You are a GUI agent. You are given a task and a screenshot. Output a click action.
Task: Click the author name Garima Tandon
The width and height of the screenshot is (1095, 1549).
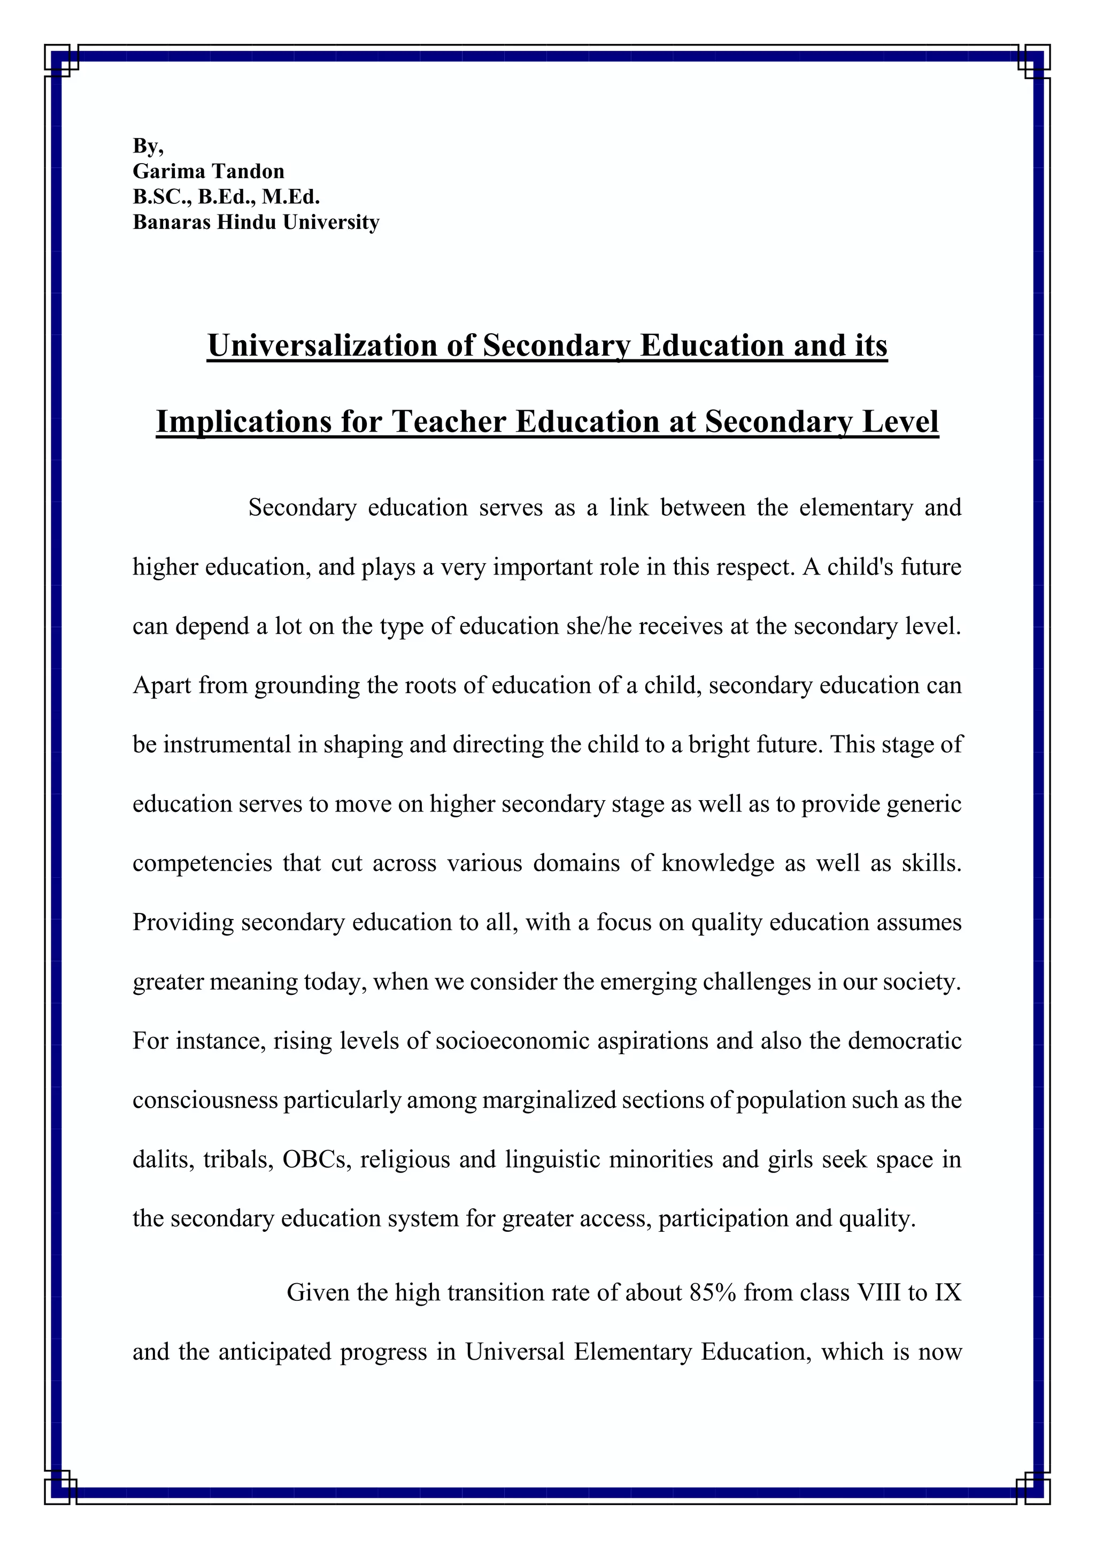click(x=209, y=171)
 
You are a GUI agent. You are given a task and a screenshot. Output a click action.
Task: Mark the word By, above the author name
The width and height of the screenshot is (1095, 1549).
click(x=148, y=145)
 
